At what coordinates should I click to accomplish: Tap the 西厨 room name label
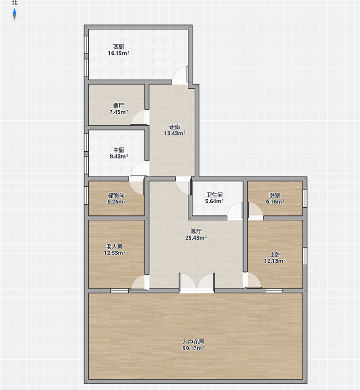(x=119, y=47)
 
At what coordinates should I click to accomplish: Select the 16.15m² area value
(x=119, y=53)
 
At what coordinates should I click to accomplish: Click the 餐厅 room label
(x=119, y=106)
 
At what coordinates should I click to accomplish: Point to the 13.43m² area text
(x=175, y=133)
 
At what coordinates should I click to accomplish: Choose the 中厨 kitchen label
(x=119, y=150)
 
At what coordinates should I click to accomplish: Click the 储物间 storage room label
(x=116, y=195)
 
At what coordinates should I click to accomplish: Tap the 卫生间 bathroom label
(x=214, y=195)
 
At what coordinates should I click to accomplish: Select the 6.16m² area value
(x=275, y=202)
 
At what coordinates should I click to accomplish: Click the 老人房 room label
(x=115, y=247)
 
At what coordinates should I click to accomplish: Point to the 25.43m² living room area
(x=196, y=238)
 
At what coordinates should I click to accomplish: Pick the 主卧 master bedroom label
(x=275, y=254)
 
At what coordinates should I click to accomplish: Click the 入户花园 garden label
(x=194, y=342)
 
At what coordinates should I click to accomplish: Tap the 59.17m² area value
(x=194, y=348)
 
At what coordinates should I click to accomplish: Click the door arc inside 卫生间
(x=235, y=211)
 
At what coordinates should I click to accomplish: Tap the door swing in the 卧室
(x=256, y=211)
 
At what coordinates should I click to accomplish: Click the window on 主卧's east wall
(x=305, y=256)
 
